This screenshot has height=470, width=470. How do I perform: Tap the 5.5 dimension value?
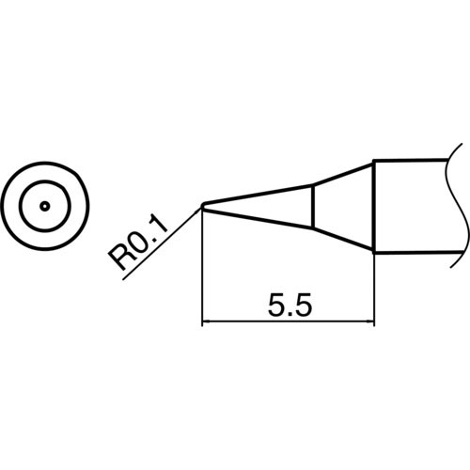(x=289, y=307)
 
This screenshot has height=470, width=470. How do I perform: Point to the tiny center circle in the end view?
(x=44, y=205)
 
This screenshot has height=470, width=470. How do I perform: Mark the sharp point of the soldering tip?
(x=203, y=206)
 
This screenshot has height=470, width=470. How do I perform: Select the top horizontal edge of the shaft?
(x=414, y=162)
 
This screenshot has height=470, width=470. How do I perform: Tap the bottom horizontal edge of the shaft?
(x=414, y=252)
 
